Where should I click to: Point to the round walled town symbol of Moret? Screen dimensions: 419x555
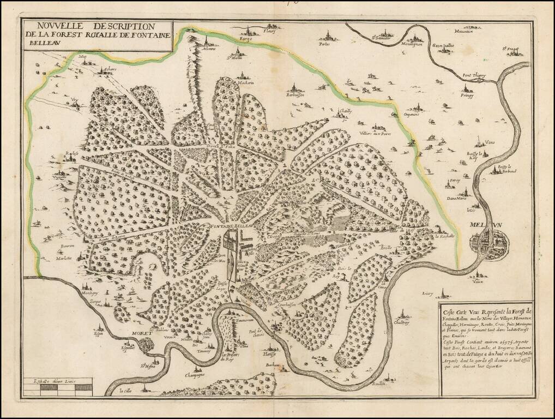146,344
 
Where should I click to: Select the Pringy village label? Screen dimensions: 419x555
467,95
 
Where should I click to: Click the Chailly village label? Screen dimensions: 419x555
346,111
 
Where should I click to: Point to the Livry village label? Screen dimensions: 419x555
427,294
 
